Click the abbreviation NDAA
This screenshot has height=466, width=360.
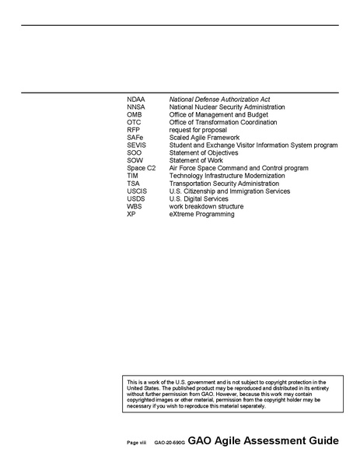[x=135, y=100]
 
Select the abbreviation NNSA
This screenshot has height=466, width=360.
[x=135, y=107]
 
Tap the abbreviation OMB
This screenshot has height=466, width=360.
[x=134, y=115]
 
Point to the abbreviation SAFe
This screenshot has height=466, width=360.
[x=135, y=138]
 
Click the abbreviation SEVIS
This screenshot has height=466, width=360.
[x=136, y=145]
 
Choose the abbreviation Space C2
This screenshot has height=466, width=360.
[x=141, y=168]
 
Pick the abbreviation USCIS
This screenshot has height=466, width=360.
[x=136, y=191]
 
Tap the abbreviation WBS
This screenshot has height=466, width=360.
[x=134, y=206]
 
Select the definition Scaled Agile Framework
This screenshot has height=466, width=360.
[x=204, y=138]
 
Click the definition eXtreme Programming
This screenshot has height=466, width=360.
[x=201, y=214]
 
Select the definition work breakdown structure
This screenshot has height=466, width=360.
[x=206, y=206]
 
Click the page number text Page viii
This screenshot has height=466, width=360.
[x=137, y=442]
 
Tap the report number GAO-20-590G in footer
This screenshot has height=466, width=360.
[x=169, y=442]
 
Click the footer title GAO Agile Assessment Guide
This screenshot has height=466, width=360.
[x=263, y=440]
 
